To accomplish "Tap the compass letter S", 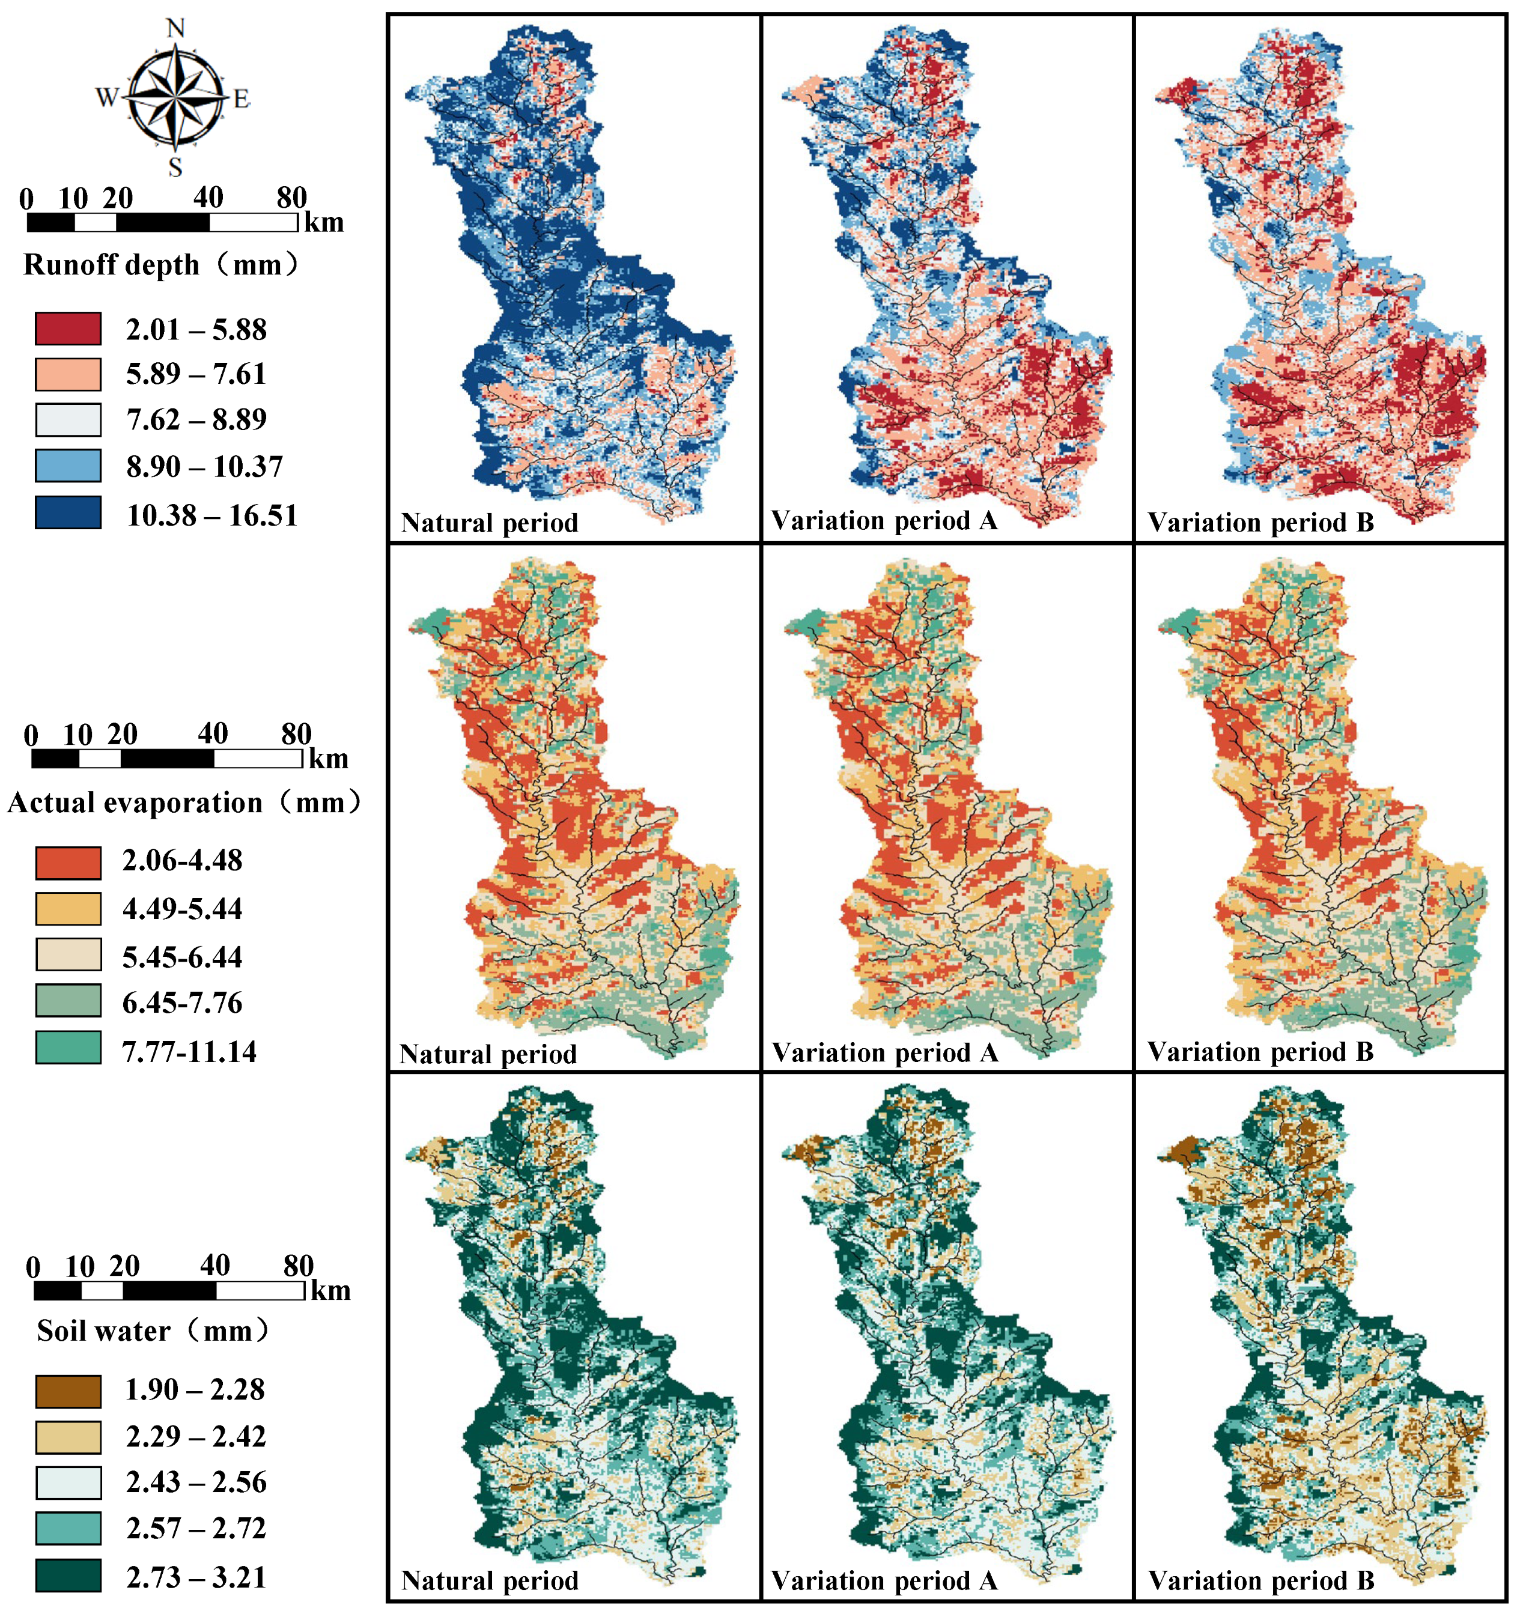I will click(175, 168).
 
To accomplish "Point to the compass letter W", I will click(106, 97).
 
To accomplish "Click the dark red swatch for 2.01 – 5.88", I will click(68, 329).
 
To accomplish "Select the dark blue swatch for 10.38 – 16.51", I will click(68, 513).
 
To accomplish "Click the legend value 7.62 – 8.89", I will click(196, 420).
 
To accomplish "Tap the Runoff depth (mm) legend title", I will click(160, 264).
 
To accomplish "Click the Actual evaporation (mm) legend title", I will click(184, 803).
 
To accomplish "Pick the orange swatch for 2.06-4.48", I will click(68, 862).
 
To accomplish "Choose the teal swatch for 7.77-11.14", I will click(68, 1048).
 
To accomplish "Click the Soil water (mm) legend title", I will click(152, 1330).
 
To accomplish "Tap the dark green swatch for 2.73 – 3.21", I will click(68, 1576).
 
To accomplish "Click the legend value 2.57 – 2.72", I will click(196, 1528).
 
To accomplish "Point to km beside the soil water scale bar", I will click(331, 1290).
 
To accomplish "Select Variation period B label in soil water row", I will click(1260, 1580).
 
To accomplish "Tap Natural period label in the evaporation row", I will click(488, 1054).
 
